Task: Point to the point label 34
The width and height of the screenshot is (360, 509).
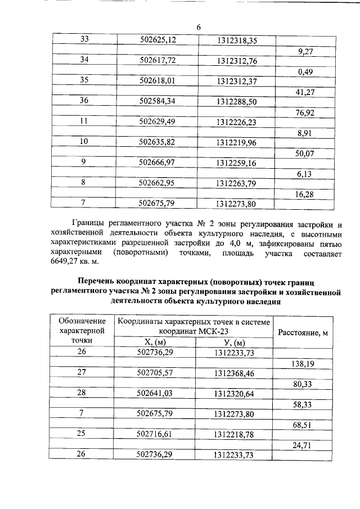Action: [x=84, y=60]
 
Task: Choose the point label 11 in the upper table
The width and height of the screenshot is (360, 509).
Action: [x=84, y=121]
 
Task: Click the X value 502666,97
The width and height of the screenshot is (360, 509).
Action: [x=158, y=163]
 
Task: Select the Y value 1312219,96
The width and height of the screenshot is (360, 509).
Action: [x=236, y=142]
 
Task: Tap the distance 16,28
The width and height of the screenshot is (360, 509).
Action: [x=304, y=193]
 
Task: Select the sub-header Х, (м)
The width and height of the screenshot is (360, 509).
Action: [x=155, y=343]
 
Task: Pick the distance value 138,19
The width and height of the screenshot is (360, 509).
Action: [x=303, y=363]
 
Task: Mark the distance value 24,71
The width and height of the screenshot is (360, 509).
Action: [x=304, y=445]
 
